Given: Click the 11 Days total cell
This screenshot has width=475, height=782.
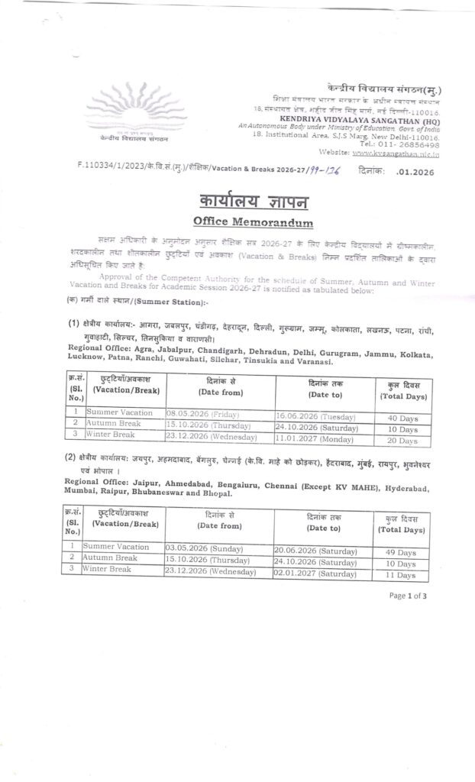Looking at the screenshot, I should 402,574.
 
